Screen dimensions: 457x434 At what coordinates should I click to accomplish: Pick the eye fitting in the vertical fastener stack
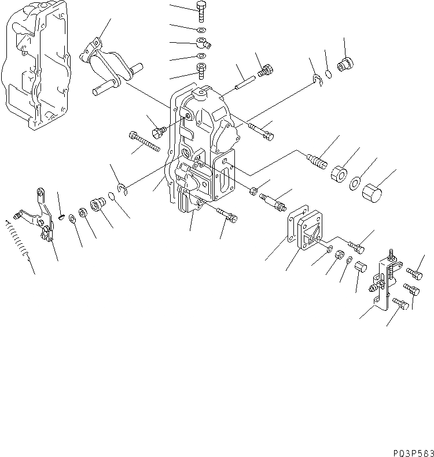(x=203, y=42)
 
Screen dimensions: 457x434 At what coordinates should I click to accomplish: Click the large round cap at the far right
(x=372, y=193)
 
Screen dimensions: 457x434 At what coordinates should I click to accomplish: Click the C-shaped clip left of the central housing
(x=123, y=188)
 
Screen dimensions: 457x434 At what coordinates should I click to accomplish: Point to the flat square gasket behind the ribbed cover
(x=296, y=222)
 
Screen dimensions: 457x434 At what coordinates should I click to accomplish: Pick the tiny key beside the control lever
(x=61, y=217)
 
